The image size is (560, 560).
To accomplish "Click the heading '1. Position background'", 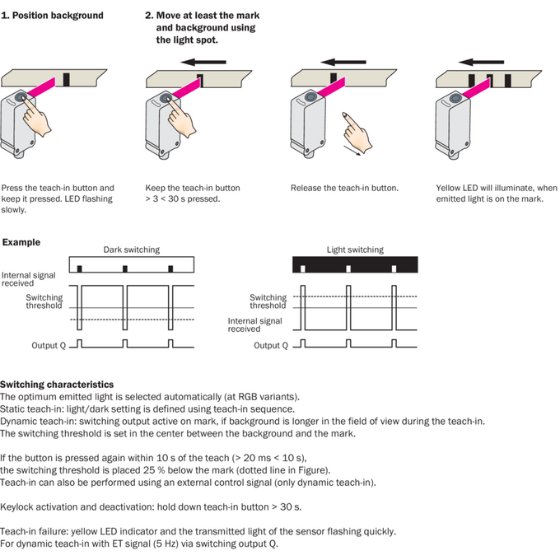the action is [x=52, y=16].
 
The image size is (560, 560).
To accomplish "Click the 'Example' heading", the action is [x=21, y=242].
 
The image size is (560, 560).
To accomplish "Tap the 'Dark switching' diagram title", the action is [x=132, y=250].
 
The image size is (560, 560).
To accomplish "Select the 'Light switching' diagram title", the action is [x=355, y=250].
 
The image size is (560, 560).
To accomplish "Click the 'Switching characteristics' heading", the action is [x=57, y=385].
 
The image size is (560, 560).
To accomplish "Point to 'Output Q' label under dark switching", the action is [x=49, y=345].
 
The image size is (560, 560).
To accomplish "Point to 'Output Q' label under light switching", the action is [x=271, y=345].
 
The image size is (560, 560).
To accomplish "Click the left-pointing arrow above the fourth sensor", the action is [x=481, y=62].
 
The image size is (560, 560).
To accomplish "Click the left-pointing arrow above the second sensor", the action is [x=203, y=62].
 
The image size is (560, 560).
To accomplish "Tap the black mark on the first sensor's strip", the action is [x=66, y=80].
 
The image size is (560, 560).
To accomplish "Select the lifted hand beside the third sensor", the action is [x=357, y=132].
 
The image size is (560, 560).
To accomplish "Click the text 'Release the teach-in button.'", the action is [x=344, y=188].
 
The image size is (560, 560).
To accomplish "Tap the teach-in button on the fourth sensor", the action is [x=455, y=98].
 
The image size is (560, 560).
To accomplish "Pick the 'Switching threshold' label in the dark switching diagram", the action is [x=44, y=301].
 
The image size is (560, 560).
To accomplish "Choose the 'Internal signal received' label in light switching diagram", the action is [x=254, y=325].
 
